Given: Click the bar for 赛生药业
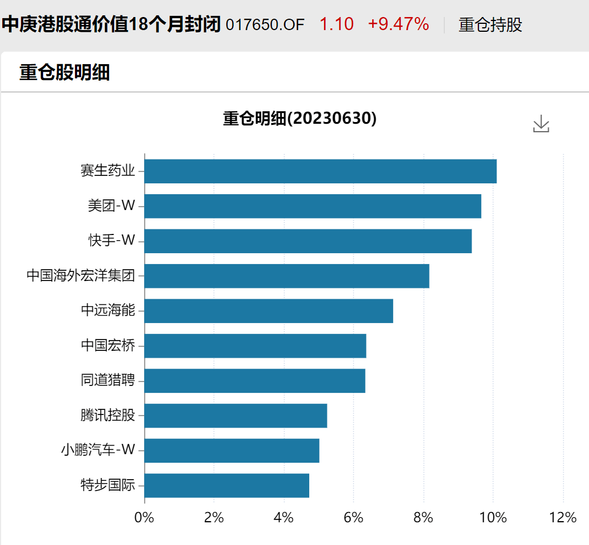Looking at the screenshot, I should point(321,171).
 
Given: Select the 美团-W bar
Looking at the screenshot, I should point(313,206).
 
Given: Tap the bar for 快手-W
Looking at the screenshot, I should point(308,241).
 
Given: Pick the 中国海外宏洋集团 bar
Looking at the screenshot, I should point(287,276).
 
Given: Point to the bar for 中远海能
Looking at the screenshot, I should point(268,311).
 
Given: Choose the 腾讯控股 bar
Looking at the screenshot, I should point(235,416).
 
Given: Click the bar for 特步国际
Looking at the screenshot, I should point(226,485).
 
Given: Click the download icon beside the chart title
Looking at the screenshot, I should point(541,124).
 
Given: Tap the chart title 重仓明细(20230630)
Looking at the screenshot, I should point(300,119).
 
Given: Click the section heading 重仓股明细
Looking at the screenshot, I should point(64,73).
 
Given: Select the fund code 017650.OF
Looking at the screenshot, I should point(265,25).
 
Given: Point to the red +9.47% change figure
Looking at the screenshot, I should point(398,24).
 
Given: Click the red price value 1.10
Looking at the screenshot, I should point(336,24).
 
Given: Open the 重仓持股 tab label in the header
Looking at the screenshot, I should point(490,25).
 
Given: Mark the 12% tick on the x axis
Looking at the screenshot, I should point(563,518).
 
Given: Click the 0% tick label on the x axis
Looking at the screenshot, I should point(144,518).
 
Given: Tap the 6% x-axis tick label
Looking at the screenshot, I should point(354,518).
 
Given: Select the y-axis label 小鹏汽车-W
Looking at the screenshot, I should point(98,450).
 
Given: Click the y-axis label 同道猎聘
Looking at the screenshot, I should point(108,380).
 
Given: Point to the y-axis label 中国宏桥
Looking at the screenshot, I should point(108,345).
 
